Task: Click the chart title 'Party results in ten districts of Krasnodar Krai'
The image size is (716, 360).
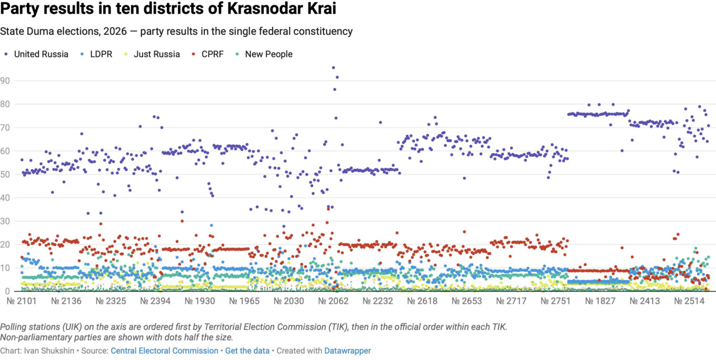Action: click(168, 8)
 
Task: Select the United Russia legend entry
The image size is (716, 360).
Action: click(36, 54)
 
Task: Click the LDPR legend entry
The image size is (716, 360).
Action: click(96, 54)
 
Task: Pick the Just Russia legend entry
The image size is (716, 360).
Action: click(152, 54)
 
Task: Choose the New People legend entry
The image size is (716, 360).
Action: click(264, 54)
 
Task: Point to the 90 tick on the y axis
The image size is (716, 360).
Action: click(5, 81)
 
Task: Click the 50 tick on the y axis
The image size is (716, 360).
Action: click(5, 174)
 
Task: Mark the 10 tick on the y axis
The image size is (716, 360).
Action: click(5, 268)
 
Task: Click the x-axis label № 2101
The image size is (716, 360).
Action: click(22, 301)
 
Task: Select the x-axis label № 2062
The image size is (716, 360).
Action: click(333, 301)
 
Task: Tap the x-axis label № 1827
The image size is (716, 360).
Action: click(600, 301)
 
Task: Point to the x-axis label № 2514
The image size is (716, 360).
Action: click(689, 301)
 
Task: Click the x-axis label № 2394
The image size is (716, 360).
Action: click(155, 301)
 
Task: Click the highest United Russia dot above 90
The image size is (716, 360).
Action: click(333, 68)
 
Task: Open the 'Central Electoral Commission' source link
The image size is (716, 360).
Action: click(164, 351)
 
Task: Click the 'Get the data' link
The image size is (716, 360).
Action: click(247, 351)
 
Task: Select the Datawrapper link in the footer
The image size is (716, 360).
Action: click(347, 351)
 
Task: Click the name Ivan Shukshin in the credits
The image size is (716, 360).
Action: click(49, 351)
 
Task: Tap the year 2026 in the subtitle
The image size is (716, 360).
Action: click(115, 31)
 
